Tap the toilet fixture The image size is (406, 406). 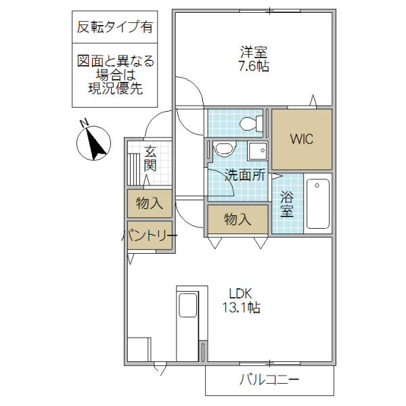click(251, 123)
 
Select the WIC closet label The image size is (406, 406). click(301, 139)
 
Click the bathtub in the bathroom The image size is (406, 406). click(317, 204)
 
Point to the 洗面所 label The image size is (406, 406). click(245, 174)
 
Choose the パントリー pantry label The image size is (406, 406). click(149, 235)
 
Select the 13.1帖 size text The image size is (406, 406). click(240, 308)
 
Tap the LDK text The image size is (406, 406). click(240, 294)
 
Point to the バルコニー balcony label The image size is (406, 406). click(269, 380)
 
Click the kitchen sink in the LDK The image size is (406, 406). click(187, 307)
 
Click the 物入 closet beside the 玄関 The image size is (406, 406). click(149, 203)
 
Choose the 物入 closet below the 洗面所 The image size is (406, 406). click(238, 219)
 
